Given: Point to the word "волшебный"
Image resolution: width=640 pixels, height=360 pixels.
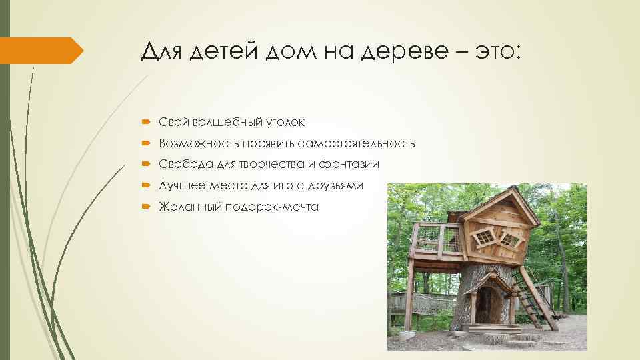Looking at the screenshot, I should [x=227, y=121].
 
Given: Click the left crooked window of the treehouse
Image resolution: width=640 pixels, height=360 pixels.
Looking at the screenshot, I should [x=484, y=235].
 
